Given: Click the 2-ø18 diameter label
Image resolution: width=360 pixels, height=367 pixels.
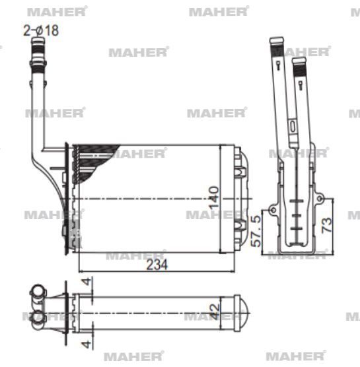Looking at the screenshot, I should [x=41, y=30].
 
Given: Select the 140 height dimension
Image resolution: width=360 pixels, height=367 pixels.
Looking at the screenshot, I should [x=214, y=199].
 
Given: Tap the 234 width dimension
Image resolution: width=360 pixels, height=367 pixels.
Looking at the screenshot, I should [x=157, y=264].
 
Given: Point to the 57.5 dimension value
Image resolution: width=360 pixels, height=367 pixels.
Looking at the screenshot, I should [x=256, y=230].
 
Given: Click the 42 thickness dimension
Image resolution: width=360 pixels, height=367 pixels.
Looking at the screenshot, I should [x=215, y=310].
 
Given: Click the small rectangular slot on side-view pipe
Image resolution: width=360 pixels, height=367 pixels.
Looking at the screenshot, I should [x=291, y=125].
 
